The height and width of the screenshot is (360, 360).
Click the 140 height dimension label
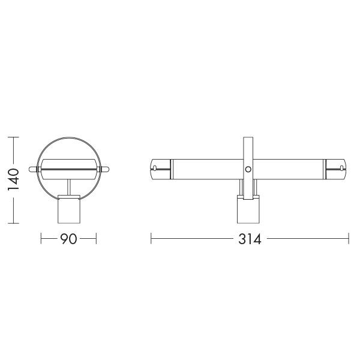(13, 180)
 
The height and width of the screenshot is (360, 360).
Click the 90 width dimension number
(68, 239)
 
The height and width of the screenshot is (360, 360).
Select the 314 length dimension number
(250, 239)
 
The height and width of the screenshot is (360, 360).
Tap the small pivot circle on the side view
(248, 169)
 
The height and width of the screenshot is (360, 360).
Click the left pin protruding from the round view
(33, 169)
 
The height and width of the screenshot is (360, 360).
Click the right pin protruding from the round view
(105, 169)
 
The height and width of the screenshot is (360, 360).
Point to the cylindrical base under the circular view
(69, 209)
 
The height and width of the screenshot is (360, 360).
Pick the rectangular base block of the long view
(248, 209)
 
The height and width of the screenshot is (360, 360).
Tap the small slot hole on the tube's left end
(155, 168)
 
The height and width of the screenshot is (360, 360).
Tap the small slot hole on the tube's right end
(341, 168)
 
